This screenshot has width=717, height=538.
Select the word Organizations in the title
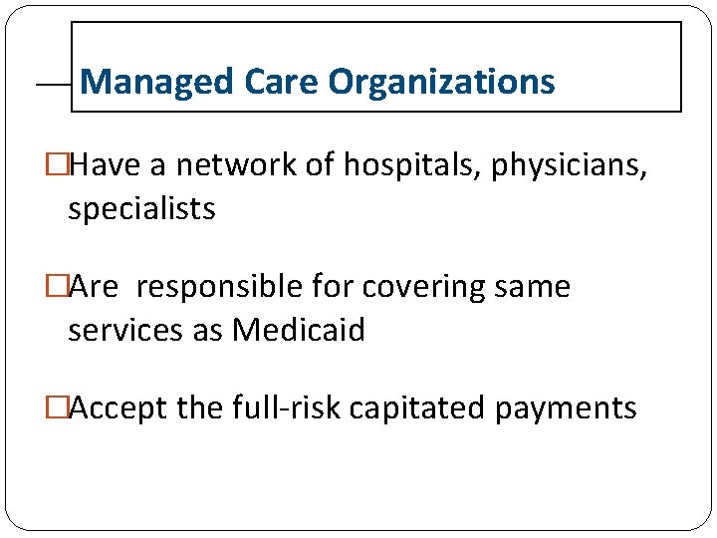click(x=441, y=82)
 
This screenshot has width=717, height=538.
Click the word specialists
click(x=141, y=209)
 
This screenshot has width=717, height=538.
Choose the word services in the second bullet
click(x=117, y=330)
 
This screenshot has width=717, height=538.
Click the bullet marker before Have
click(x=57, y=165)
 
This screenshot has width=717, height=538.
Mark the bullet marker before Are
click(x=57, y=287)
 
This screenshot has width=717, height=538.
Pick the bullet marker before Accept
click(x=57, y=407)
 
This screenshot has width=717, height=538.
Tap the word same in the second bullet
click(x=536, y=287)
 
